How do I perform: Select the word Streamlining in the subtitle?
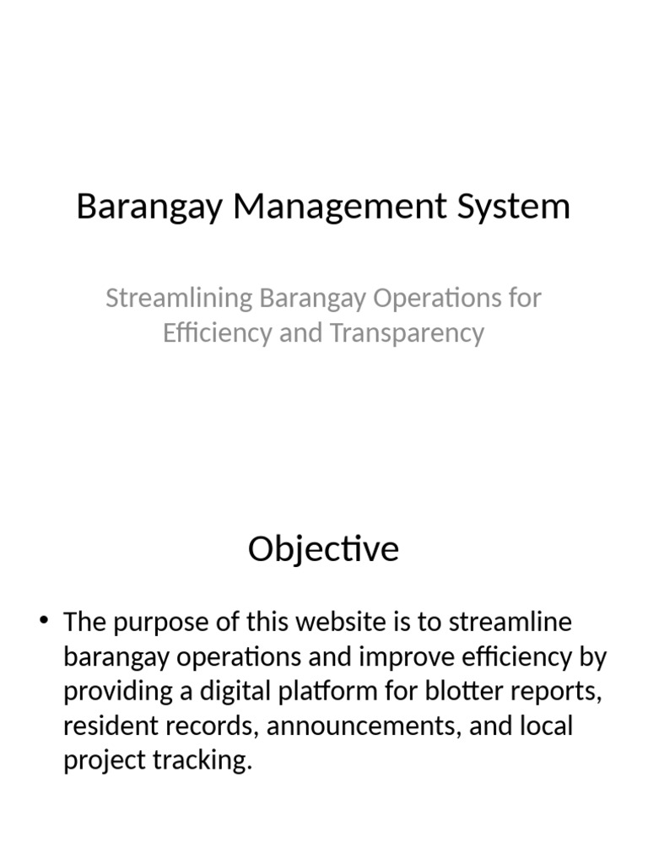point(179,298)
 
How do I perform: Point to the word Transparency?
point(408,333)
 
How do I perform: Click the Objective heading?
point(323,549)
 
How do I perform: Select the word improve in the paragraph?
point(374,657)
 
